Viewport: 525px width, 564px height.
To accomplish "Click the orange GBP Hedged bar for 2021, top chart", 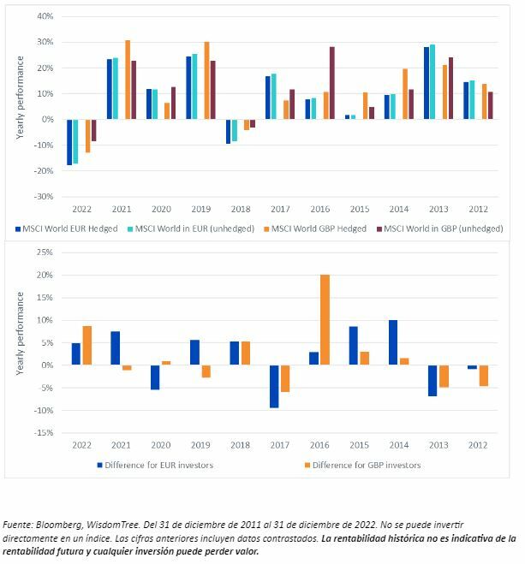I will tap(128, 80).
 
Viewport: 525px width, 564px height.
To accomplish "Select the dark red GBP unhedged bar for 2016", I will tap(332, 83).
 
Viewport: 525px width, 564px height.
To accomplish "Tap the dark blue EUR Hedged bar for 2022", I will tap(69, 142).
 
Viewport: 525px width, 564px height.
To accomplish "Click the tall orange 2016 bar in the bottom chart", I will tap(325, 320).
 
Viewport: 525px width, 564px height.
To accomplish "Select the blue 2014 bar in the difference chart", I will tap(392, 342).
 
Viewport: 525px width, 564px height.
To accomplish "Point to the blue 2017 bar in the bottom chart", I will tap(274, 386).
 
